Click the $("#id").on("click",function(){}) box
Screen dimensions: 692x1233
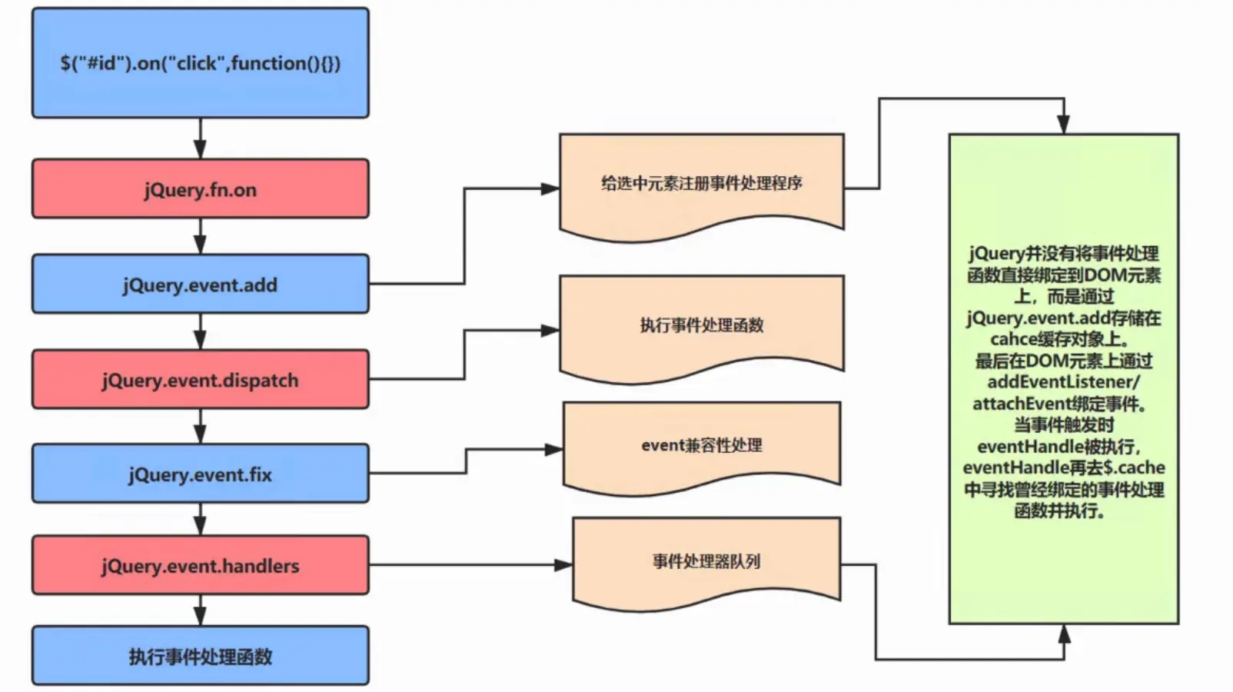[200, 63]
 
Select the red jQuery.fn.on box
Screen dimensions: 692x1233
[200, 189]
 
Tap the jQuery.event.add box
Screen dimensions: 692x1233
[200, 284]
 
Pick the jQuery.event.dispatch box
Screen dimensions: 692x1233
[200, 380]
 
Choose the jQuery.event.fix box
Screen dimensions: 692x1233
[200, 474]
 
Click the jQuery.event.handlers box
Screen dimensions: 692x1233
[200, 566]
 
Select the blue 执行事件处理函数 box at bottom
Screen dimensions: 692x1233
[200, 657]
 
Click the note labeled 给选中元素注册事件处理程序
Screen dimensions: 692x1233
[701, 183]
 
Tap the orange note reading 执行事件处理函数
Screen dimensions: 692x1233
[701, 325]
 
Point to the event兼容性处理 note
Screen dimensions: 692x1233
[701, 445]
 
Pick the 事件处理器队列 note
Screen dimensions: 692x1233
[706, 561]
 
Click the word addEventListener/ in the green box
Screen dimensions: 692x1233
[1063, 382]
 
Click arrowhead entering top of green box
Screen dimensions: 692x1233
[1063, 125]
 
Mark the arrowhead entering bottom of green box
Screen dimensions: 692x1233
[1064, 634]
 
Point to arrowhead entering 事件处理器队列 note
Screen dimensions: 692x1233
[563, 565]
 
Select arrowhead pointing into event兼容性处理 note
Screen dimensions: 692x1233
[553, 450]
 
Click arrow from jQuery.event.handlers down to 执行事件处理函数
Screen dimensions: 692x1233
[200, 611]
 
